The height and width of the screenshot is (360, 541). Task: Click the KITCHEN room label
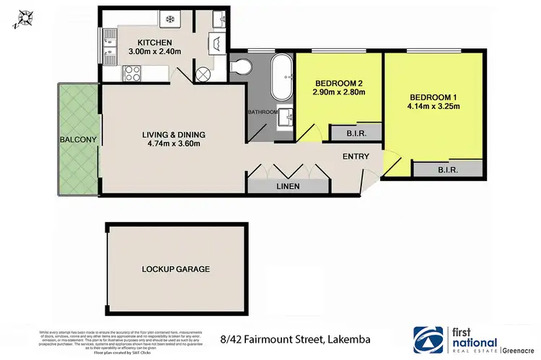(x=155, y=42)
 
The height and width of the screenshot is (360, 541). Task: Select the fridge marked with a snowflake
(x=172, y=19)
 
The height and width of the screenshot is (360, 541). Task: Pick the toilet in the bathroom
(x=244, y=67)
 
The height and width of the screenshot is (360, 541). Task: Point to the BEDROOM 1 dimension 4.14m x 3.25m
(x=434, y=108)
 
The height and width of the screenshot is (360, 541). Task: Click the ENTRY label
(x=356, y=157)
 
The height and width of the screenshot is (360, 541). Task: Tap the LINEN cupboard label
(x=287, y=186)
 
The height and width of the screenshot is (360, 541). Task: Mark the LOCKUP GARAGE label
(x=176, y=269)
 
